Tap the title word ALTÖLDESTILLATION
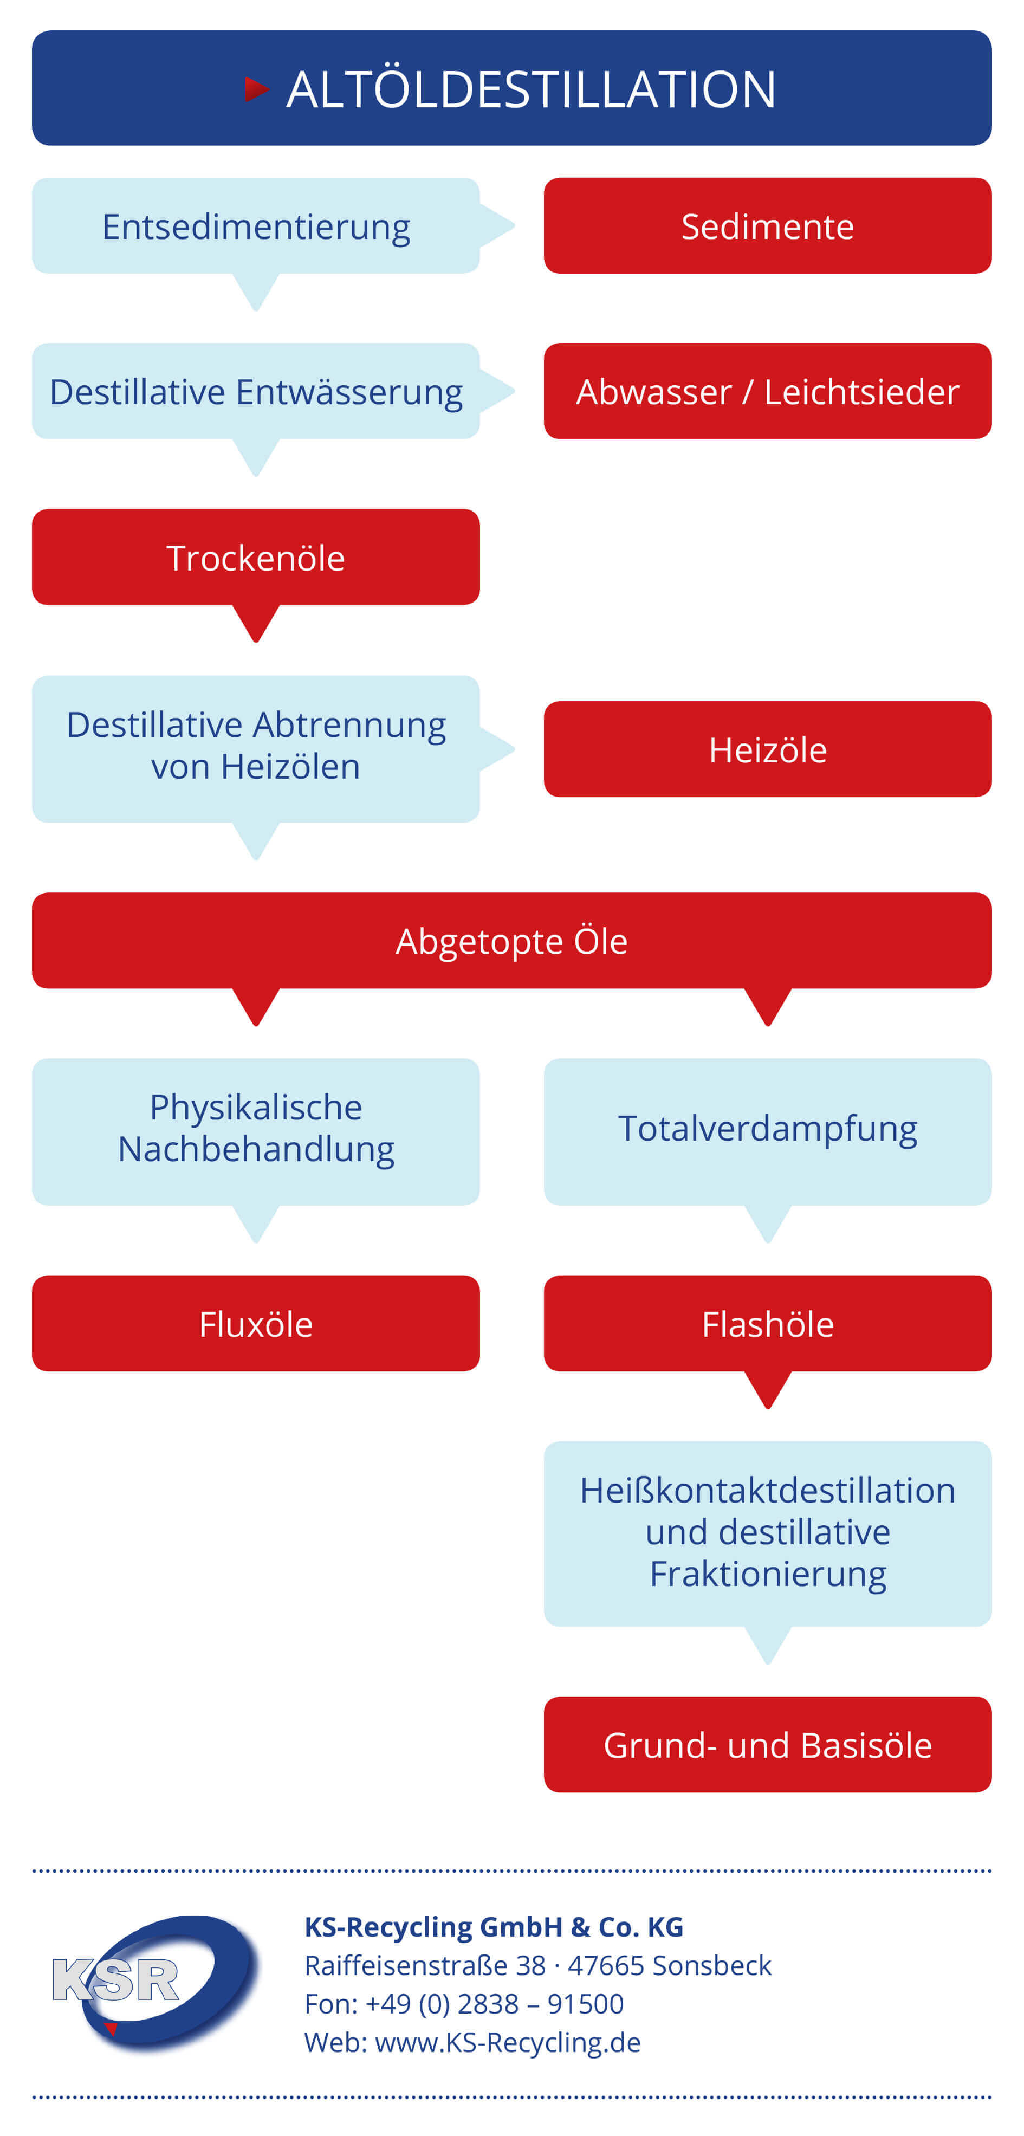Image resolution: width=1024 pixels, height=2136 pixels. coord(532,89)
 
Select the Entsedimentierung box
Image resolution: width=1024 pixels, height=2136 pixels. coord(256,225)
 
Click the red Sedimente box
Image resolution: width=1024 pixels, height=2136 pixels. coord(768,225)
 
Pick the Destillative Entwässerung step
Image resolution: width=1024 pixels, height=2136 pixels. coord(256,391)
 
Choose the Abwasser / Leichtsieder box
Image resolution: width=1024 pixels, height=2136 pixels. coord(768,391)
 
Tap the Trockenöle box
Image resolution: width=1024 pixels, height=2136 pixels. coord(256,557)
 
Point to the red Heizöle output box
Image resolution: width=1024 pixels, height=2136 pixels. coord(768,749)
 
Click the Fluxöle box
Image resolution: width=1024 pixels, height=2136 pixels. coord(256,1323)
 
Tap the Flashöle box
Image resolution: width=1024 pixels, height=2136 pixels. coord(768,1323)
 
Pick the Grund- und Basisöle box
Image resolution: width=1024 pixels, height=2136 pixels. coord(768,1745)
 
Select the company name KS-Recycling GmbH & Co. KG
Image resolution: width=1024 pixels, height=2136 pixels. coord(494,1927)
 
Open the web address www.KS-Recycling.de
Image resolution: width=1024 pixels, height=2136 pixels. coord(508,2042)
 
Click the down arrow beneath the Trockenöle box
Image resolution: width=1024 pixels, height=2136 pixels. coord(256,623)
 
